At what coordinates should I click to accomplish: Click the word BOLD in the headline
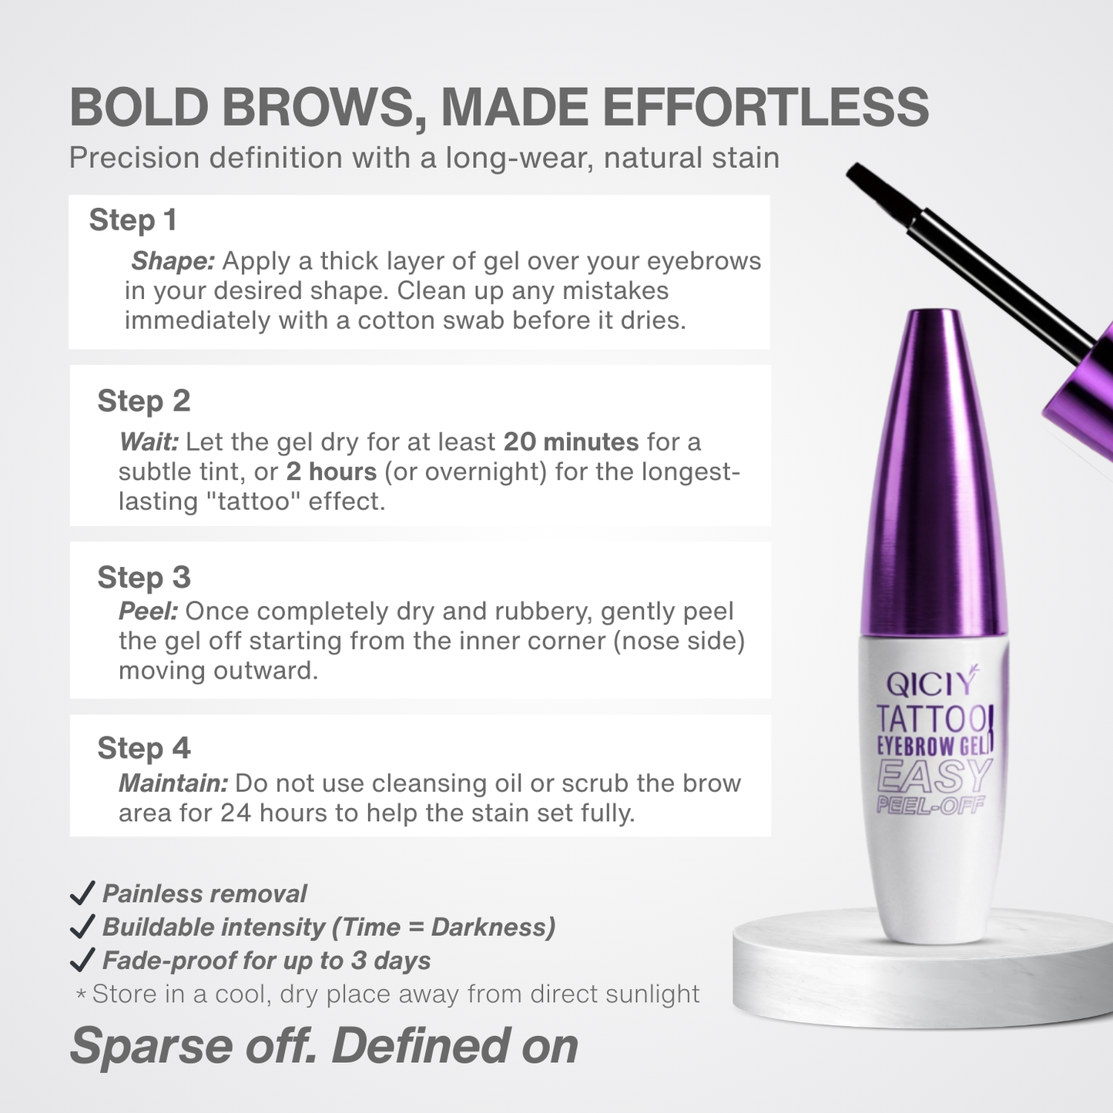[139, 108]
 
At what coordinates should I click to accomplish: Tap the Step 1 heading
[133, 220]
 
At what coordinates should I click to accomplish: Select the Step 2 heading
[143, 401]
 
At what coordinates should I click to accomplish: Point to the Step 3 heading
[143, 578]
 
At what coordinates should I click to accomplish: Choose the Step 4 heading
[143, 749]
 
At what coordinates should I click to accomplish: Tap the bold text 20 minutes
[571, 442]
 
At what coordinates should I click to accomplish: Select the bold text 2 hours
[331, 471]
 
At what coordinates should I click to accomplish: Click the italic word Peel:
[149, 612]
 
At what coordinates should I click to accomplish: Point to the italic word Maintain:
[173, 783]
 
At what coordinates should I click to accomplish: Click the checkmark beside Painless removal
[82, 893]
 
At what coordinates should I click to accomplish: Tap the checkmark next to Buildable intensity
[82, 927]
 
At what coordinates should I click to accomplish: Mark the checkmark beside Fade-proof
[82, 960]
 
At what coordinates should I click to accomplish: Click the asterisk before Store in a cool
[80, 995]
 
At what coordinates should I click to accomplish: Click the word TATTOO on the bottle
[932, 720]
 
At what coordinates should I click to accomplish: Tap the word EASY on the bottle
[934, 776]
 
